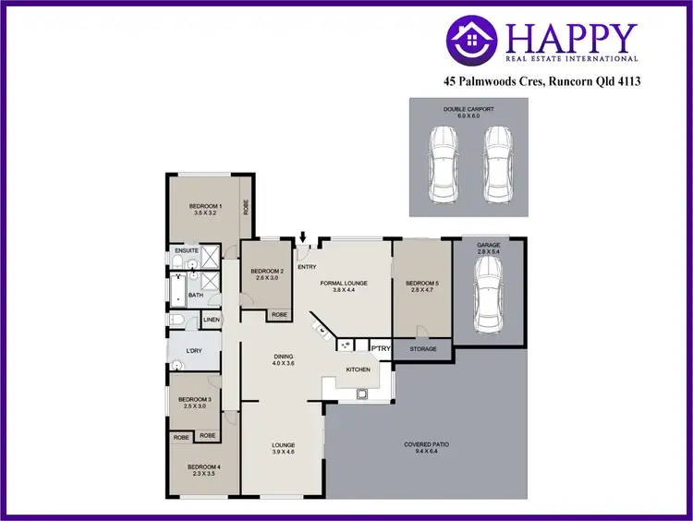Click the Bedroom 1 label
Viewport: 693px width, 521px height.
(205, 209)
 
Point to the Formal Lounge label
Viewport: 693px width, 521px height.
(344, 285)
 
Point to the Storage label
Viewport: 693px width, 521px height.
(423, 350)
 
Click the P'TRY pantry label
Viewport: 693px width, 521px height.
(380, 348)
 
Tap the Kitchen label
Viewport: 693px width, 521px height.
(359, 370)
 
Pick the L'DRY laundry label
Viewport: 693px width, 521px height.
(194, 352)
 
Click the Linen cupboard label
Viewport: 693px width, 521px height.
(211, 321)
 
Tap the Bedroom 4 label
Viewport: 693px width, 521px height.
(201, 470)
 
